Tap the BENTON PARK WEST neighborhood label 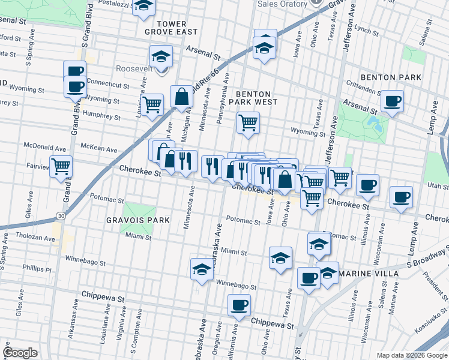click(x=256, y=98)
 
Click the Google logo click(x=20, y=353)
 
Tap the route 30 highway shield click(x=61, y=215)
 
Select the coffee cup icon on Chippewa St click(x=239, y=305)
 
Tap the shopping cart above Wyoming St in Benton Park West click(x=248, y=123)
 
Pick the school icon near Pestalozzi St click(x=143, y=6)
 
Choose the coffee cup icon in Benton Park click(x=392, y=101)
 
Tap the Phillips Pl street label click(x=38, y=269)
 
